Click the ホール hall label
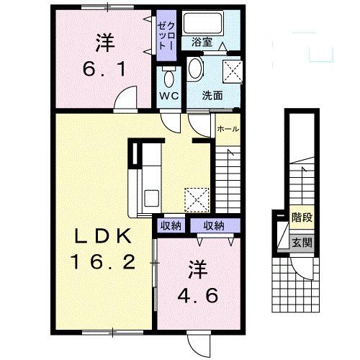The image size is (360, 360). tap(228, 130)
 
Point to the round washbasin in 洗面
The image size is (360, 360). tap(195, 69)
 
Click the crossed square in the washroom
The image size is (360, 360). tap(232, 71)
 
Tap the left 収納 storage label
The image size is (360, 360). tap(171, 226)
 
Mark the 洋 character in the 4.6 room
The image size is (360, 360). tap(199, 270)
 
